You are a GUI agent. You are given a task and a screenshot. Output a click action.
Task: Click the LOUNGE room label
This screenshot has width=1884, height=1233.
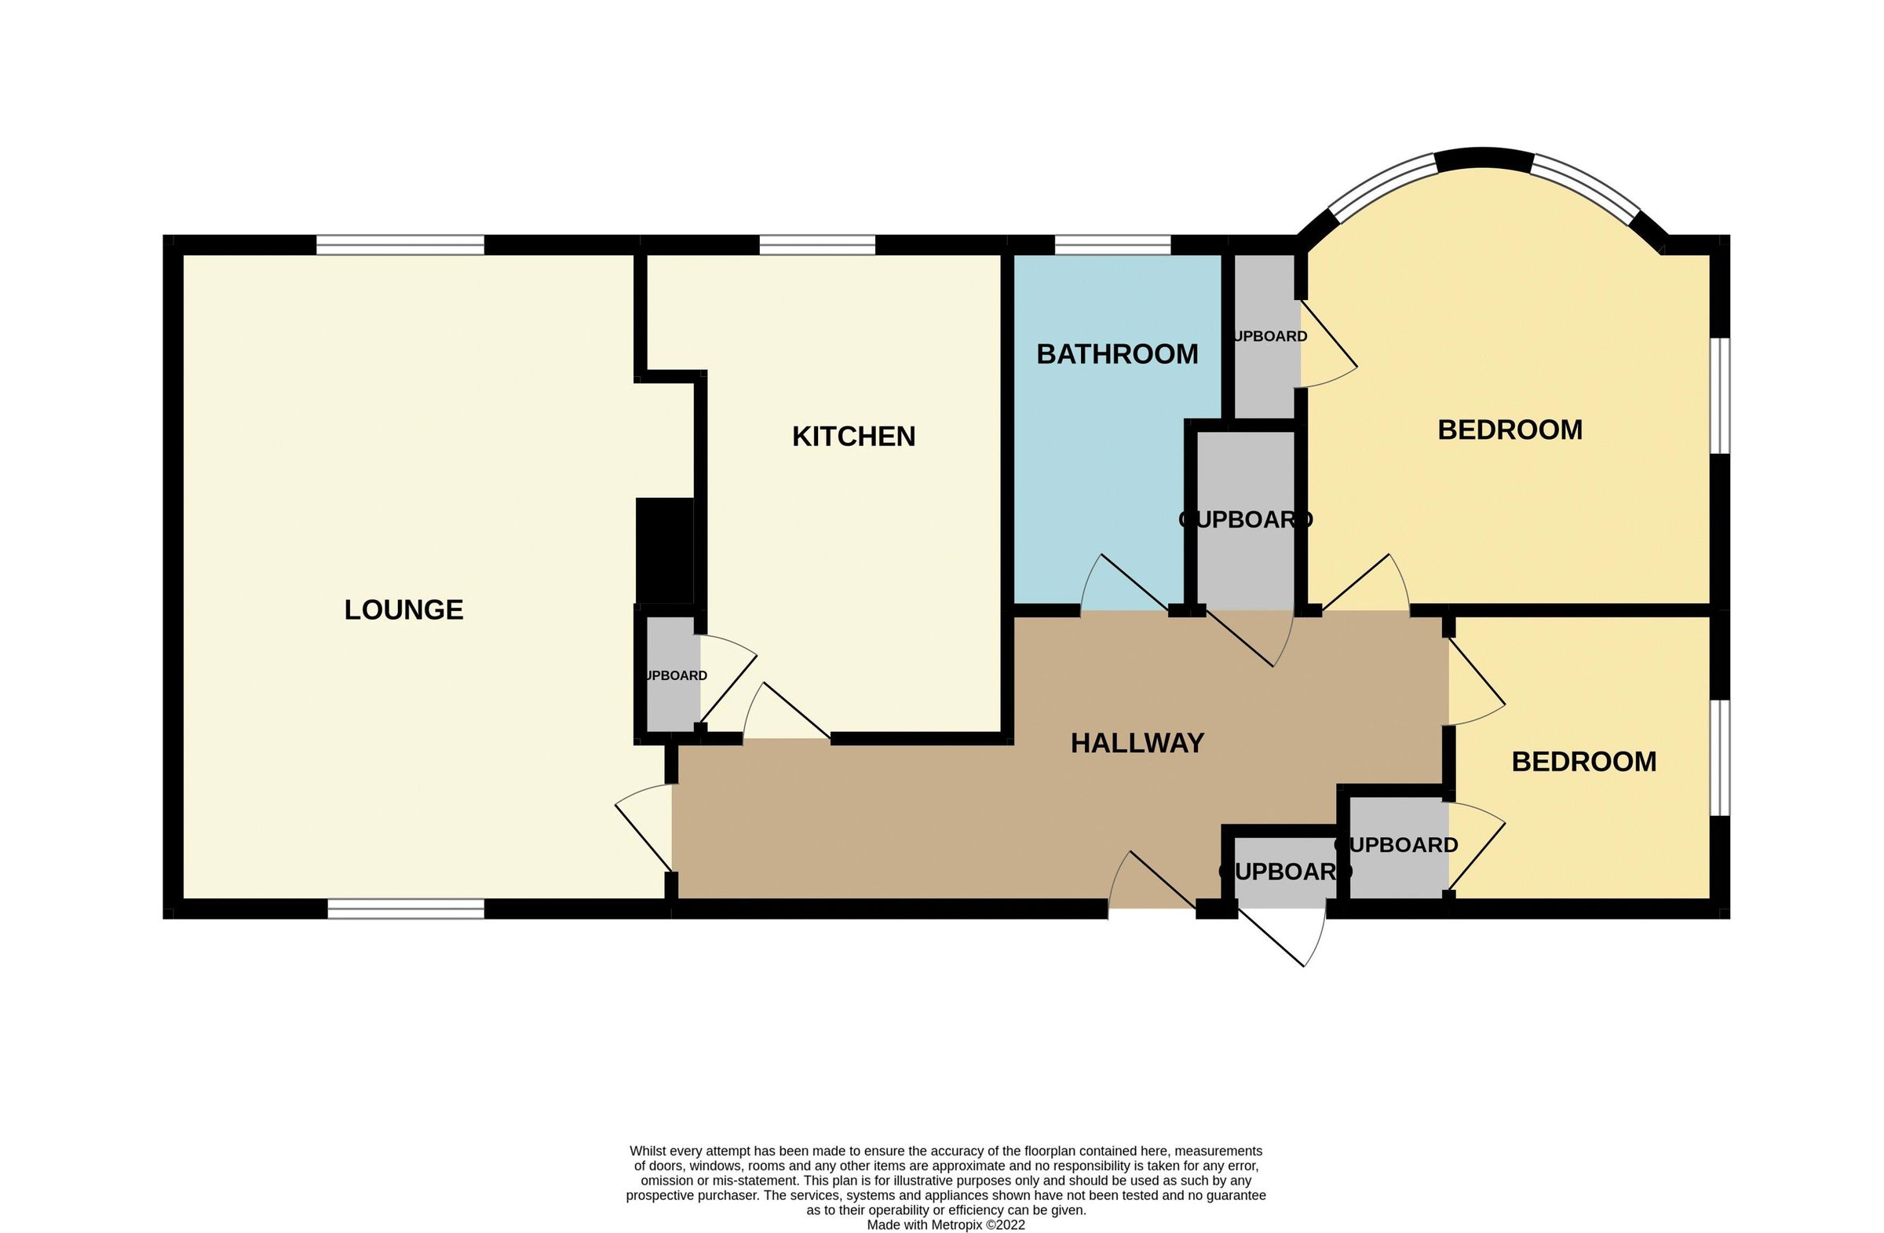(x=403, y=609)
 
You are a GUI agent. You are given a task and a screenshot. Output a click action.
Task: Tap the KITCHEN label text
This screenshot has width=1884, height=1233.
(x=853, y=437)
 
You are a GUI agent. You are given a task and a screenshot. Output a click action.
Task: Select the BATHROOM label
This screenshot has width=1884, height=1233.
(x=1117, y=354)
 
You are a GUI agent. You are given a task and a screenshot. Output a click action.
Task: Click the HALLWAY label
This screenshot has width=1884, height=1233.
(x=1137, y=743)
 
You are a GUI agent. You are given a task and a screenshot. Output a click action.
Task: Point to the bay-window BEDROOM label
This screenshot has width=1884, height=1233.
(x=1510, y=430)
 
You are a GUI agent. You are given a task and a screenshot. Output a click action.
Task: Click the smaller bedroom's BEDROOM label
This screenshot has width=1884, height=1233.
(x=1583, y=762)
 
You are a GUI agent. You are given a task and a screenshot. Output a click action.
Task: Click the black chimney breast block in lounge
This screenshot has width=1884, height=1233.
(x=664, y=551)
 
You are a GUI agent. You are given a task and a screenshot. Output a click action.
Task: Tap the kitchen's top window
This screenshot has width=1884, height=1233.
(x=817, y=245)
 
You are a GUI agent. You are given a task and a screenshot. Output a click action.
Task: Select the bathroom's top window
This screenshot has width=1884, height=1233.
(x=1112, y=245)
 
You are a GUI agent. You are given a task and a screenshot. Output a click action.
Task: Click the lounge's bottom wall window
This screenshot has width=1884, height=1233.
(x=405, y=909)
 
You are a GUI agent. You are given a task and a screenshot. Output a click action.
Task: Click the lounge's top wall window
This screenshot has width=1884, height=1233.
(x=400, y=245)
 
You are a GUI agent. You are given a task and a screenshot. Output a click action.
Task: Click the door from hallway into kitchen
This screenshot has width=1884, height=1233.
(x=783, y=713)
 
